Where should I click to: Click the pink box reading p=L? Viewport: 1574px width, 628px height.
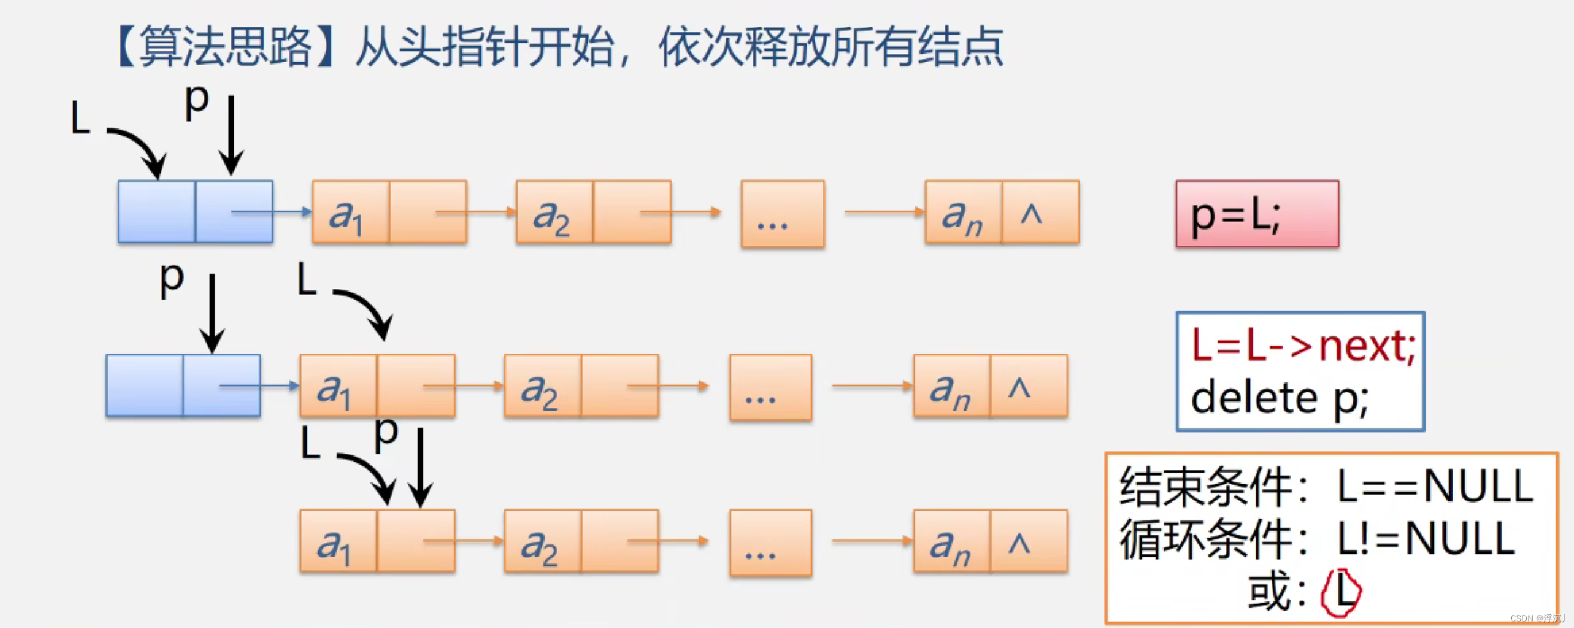coord(1257,214)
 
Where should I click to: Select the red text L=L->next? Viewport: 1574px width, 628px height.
coord(1302,346)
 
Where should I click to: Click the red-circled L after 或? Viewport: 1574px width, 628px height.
coord(1341,592)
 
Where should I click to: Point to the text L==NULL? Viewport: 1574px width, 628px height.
coord(1435,487)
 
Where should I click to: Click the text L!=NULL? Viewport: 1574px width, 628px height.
coord(1426,539)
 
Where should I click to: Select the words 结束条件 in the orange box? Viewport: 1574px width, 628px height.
coord(1206,487)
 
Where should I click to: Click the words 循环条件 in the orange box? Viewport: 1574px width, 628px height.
coord(1206,539)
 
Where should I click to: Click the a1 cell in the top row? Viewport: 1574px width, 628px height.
coord(350,212)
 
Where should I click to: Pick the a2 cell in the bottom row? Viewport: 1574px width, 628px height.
coord(542,542)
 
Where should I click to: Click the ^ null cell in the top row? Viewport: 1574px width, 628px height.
coord(1040,212)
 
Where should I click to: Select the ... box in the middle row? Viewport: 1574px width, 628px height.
coord(770,388)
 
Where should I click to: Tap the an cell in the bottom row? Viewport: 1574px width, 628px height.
coord(951,542)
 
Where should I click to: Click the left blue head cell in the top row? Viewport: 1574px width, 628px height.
coord(157,212)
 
